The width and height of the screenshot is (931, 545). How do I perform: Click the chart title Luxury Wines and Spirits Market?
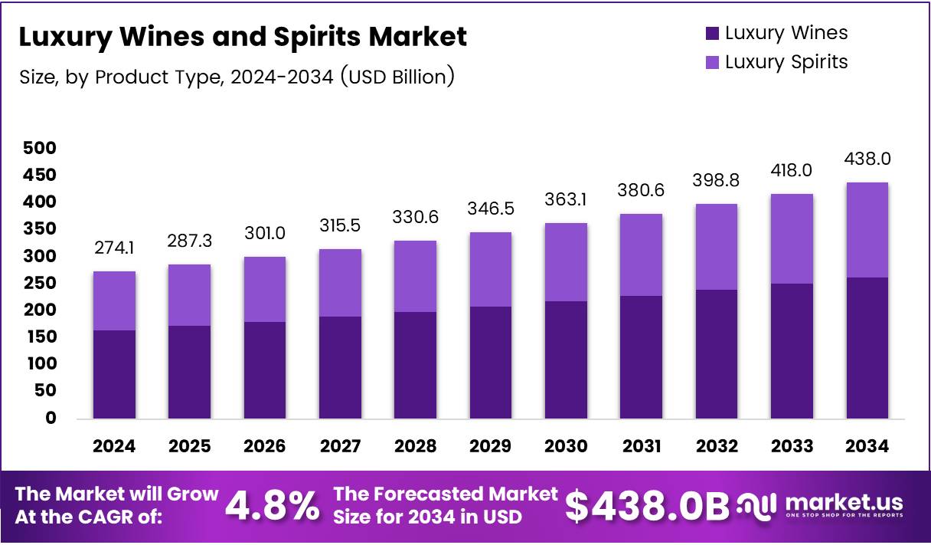click(x=242, y=37)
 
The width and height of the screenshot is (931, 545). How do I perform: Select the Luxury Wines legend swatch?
click(x=712, y=33)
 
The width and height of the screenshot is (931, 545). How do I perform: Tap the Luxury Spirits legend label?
click(x=786, y=62)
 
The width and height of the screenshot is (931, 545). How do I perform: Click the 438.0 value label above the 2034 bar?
click(x=868, y=159)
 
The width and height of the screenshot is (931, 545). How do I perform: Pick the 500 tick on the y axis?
click(x=40, y=148)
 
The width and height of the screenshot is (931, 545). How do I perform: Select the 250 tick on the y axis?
click(x=40, y=283)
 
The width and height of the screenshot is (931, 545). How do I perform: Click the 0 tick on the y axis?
click(x=51, y=418)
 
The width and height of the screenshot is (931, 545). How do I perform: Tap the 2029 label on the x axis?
click(x=492, y=446)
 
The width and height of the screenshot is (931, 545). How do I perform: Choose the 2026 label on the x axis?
click(x=265, y=446)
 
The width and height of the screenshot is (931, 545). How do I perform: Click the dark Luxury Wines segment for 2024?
click(x=115, y=375)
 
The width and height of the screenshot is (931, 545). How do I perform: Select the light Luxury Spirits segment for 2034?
click(x=868, y=230)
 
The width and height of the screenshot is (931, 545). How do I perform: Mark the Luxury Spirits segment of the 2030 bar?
click(x=567, y=262)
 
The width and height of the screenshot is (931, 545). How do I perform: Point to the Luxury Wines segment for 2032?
click(x=717, y=354)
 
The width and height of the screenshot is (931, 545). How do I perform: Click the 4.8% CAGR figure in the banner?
click(x=272, y=506)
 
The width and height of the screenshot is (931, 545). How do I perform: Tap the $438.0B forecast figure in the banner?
click(x=647, y=506)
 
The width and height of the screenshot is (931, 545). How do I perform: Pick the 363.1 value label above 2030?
click(x=567, y=199)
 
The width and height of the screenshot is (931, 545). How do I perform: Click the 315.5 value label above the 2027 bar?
click(x=341, y=225)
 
